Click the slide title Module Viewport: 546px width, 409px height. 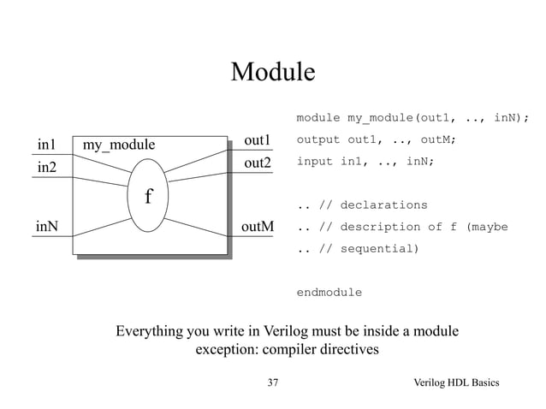(273, 73)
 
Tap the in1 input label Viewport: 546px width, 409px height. (46, 143)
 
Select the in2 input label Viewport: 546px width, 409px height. (46, 167)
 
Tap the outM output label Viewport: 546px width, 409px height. (258, 227)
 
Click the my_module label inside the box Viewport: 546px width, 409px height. (119, 145)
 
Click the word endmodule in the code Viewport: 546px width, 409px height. (329, 293)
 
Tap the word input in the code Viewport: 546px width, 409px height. (314, 161)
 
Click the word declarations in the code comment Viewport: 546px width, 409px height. (384, 205)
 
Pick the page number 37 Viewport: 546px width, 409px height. (273, 382)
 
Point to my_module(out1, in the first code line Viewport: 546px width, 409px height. (399, 117)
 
